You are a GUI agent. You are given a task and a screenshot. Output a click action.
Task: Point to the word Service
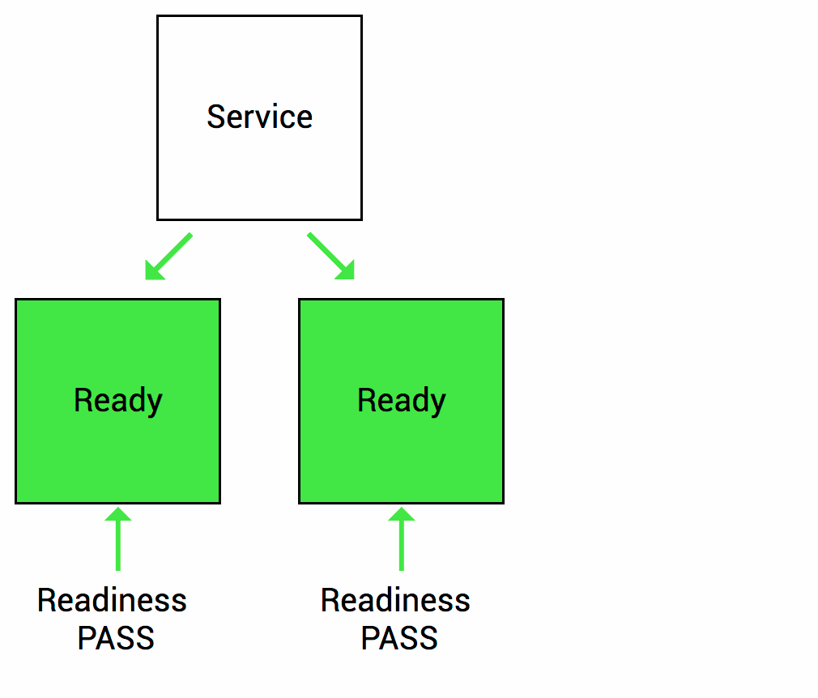pos(259,117)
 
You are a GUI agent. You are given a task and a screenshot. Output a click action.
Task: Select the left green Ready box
pos(117,453)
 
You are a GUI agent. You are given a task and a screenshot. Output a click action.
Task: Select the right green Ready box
pos(401,453)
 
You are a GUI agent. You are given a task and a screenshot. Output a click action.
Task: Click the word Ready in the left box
pos(117,400)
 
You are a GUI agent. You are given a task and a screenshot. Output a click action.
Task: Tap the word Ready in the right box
pos(401,400)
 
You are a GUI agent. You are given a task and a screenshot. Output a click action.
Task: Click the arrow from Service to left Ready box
pos(169,256)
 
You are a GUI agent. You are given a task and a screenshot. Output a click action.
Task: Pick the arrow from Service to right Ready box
pos(330,256)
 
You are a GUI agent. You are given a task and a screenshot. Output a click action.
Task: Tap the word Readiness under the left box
pos(112,601)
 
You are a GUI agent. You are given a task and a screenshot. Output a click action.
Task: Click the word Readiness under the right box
pos(395,601)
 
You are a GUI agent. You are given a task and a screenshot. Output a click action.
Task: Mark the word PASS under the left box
pos(116,639)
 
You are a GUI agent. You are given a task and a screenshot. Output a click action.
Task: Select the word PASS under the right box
pos(399,639)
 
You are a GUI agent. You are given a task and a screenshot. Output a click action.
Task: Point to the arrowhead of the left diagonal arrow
pos(153,272)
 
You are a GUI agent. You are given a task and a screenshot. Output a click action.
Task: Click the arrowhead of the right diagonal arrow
pos(347,272)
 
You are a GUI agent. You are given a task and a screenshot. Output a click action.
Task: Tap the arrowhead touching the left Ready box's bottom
pos(118,514)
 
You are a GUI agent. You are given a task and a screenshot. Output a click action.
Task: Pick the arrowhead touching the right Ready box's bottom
pos(401,514)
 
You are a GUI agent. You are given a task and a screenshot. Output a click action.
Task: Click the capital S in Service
pos(215,117)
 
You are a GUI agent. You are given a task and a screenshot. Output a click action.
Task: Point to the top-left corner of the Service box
pos(158,16)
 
